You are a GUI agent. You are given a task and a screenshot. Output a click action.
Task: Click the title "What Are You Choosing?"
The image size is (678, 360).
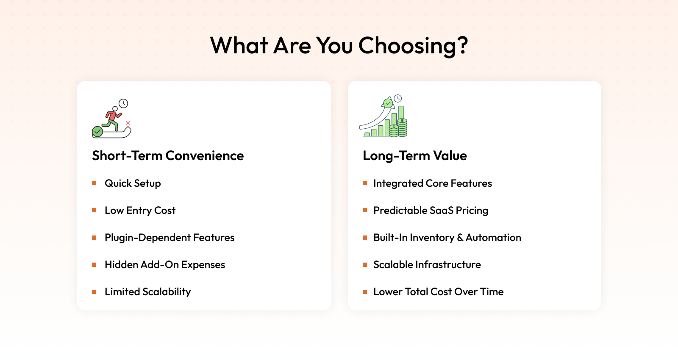(x=339, y=45)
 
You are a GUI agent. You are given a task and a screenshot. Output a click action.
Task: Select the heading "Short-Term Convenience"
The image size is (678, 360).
(x=168, y=155)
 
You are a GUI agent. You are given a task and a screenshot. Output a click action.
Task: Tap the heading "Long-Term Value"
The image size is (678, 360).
(x=415, y=156)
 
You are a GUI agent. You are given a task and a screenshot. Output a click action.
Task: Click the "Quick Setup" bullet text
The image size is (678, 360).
(x=133, y=183)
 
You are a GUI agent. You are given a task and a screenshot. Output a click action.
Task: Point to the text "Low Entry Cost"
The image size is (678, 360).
(x=140, y=210)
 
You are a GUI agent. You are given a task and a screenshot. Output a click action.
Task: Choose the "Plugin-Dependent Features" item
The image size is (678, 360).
(x=169, y=238)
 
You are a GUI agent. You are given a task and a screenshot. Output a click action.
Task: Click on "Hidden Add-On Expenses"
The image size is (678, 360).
(x=165, y=265)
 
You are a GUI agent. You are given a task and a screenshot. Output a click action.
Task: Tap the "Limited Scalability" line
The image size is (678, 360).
(x=148, y=292)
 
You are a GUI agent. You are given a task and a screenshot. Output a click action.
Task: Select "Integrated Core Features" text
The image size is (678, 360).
(x=433, y=183)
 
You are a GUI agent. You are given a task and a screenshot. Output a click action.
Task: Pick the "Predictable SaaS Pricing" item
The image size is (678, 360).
(x=431, y=210)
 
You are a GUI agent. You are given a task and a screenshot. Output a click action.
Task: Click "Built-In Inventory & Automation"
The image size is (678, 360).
(x=447, y=238)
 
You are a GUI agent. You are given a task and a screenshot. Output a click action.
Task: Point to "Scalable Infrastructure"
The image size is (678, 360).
(x=427, y=265)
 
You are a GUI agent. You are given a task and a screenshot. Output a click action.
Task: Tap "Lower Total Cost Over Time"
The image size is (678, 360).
(x=438, y=292)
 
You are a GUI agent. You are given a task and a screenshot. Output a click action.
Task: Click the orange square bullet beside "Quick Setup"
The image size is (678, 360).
(x=94, y=183)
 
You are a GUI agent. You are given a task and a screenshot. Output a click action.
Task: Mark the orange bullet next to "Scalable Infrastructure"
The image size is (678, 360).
(x=365, y=265)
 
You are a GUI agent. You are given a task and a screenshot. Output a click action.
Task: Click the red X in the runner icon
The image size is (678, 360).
(x=128, y=123)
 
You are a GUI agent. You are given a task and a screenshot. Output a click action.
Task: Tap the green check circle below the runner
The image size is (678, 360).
(x=97, y=132)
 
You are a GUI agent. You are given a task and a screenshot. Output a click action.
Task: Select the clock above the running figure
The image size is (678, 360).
(x=123, y=103)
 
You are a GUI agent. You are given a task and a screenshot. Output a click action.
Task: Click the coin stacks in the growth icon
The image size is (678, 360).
(x=398, y=127)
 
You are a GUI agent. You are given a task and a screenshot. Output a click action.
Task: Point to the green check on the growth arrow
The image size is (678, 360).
(x=388, y=103)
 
